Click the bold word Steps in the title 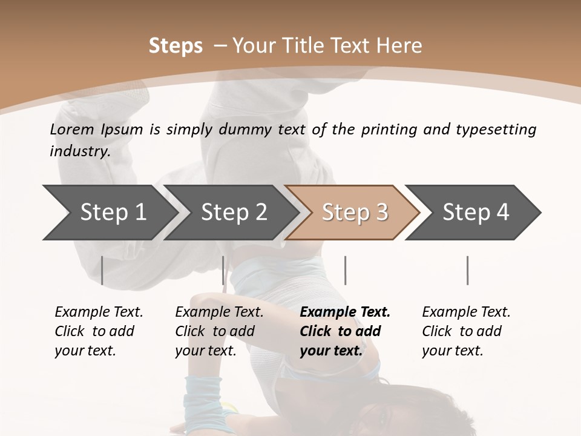pyautogui.click(x=176, y=46)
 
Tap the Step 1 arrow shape pyautogui.click(x=109, y=212)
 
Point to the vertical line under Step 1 pyautogui.click(x=102, y=270)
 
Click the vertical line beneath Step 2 pyautogui.click(x=223, y=270)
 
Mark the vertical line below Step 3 pyautogui.click(x=345, y=270)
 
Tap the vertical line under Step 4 pyautogui.click(x=467, y=270)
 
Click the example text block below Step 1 pyautogui.click(x=98, y=331)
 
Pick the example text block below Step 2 pyautogui.click(x=218, y=331)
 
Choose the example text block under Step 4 pyautogui.click(x=465, y=331)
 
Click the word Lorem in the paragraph pyautogui.click(x=72, y=129)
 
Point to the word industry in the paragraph pyautogui.click(x=80, y=151)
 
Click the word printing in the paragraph pyautogui.click(x=389, y=129)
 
